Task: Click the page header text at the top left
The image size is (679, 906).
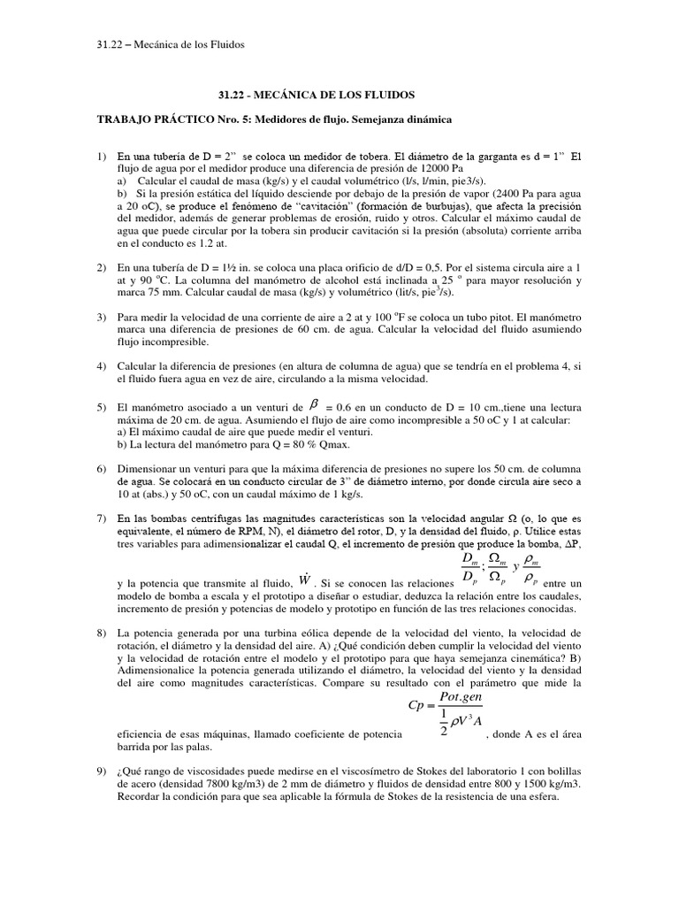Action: tap(169, 44)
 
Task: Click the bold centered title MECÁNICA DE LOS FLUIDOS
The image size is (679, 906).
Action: tap(339, 94)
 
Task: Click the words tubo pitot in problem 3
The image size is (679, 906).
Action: tap(490, 316)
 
